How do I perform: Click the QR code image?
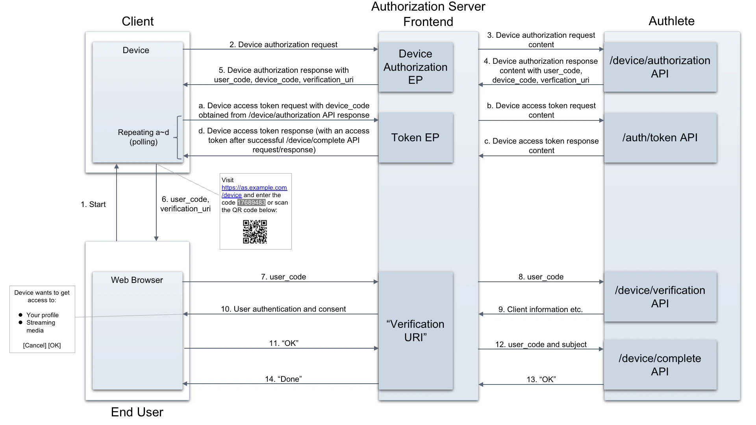click(x=255, y=232)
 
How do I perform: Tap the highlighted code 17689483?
click(x=251, y=203)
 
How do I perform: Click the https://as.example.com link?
click(x=254, y=188)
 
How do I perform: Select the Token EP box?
click(x=415, y=138)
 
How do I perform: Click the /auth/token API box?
click(x=660, y=138)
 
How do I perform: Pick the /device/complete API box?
click(x=660, y=365)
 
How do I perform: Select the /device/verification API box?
click(x=660, y=297)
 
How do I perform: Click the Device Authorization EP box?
click(x=415, y=67)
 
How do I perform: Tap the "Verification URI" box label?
click(x=415, y=331)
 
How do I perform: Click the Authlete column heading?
click(x=671, y=21)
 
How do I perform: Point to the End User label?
click(x=137, y=412)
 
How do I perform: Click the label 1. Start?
click(x=93, y=204)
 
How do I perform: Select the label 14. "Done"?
click(x=283, y=379)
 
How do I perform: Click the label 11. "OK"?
click(x=283, y=343)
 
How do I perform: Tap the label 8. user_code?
click(x=541, y=277)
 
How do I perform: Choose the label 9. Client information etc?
click(x=540, y=309)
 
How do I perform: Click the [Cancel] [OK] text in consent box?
click(x=42, y=345)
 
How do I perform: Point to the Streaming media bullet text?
click(x=41, y=326)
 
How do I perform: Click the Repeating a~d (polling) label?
click(x=143, y=137)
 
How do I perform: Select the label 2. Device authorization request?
click(x=283, y=44)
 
